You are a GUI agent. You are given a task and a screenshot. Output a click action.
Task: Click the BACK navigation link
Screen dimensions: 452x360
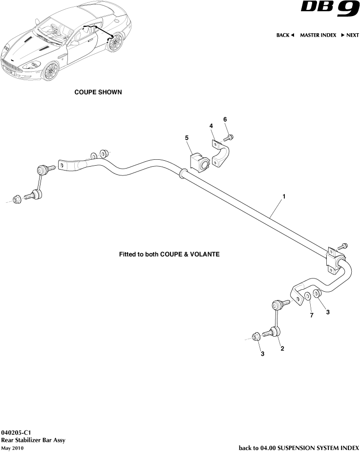(x=285, y=35)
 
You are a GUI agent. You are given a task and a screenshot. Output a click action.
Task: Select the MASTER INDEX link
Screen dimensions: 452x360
(x=318, y=35)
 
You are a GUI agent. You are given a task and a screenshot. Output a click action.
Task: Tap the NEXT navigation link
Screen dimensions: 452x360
(x=350, y=35)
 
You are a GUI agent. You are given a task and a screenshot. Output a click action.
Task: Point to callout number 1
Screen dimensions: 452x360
(x=283, y=196)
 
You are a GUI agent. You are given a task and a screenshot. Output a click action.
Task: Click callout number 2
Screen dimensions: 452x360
(x=282, y=348)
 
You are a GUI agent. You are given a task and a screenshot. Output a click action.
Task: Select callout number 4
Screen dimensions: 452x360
(x=211, y=126)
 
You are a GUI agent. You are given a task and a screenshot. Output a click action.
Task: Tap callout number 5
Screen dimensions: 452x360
(x=187, y=138)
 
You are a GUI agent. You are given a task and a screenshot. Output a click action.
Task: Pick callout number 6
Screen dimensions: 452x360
(x=225, y=119)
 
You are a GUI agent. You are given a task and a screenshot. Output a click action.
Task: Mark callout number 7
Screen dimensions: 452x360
(x=311, y=316)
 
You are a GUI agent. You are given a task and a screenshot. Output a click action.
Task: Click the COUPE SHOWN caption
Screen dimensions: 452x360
(x=98, y=92)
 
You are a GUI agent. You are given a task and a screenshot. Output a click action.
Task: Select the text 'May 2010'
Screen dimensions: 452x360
(x=12, y=448)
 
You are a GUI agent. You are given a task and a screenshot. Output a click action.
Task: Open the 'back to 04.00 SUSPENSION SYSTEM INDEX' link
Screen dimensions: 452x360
(x=298, y=447)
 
